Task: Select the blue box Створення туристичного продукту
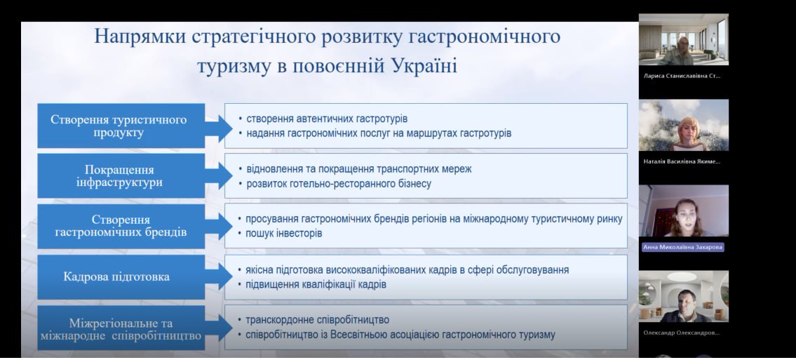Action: [121, 126]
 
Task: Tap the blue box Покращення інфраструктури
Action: [121, 175]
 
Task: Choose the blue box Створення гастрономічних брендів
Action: [121, 226]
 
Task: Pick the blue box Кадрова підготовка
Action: [121, 276]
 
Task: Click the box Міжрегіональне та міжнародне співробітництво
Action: [121, 328]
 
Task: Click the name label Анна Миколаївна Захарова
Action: [683, 247]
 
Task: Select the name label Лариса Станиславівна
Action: [682, 76]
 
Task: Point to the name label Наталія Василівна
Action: [682, 162]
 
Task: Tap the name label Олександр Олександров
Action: [682, 333]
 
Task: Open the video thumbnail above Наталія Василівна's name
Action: [683, 125]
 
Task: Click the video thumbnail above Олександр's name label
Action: [683, 296]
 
